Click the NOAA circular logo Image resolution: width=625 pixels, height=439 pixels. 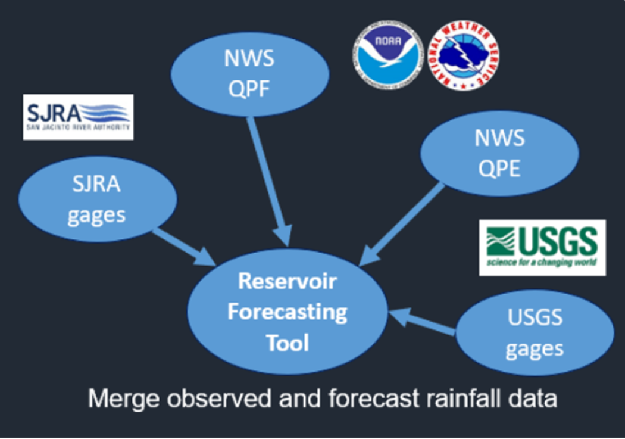388,55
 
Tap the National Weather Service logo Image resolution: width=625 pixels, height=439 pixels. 464,55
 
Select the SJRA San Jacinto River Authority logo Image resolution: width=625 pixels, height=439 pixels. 78,117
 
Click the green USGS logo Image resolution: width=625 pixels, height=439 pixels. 542,247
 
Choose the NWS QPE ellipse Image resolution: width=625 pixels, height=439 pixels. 499,154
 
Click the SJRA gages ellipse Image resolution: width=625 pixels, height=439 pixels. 97,199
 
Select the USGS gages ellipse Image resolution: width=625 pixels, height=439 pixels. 534,334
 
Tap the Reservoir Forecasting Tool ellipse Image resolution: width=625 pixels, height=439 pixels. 287,312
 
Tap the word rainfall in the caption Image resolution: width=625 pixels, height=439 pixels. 463,398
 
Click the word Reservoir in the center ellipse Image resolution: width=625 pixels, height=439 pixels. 287,281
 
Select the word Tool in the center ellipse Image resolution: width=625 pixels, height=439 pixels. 287,343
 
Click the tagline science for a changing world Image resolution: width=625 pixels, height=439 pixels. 542,262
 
